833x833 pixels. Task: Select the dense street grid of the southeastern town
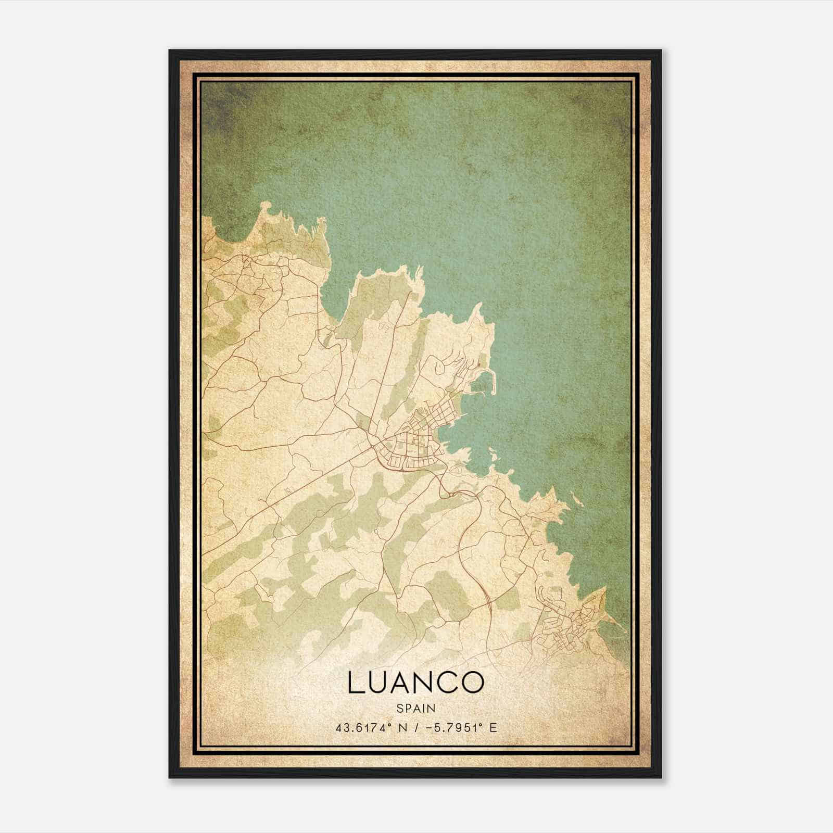[x=573, y=627]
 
